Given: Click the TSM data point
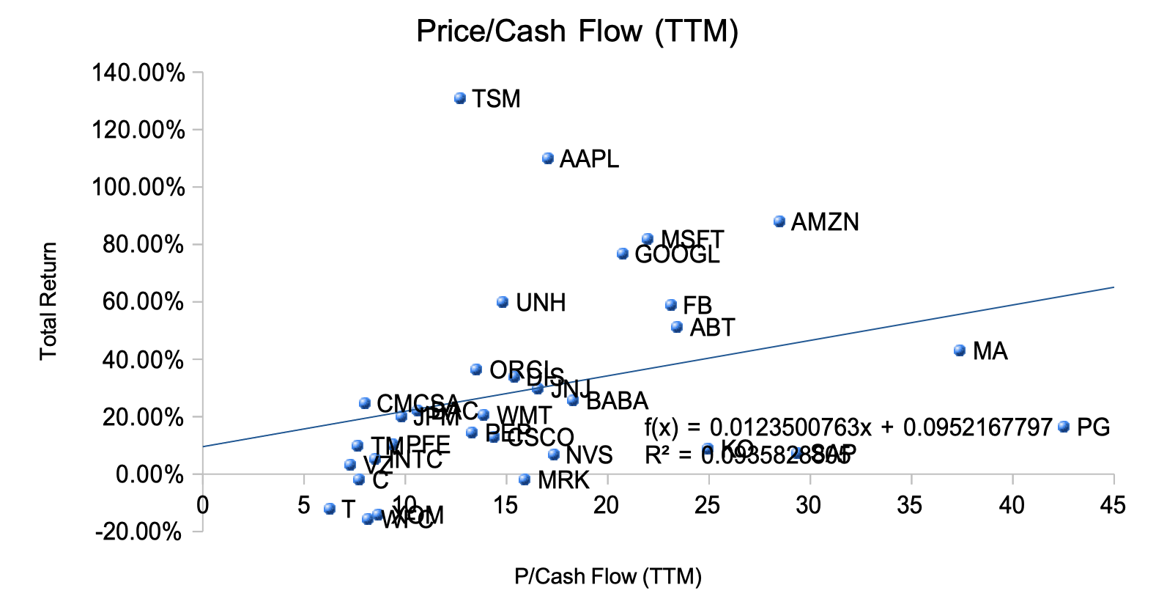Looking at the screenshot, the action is tap(460, 98).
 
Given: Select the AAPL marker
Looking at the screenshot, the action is tap(548, 158).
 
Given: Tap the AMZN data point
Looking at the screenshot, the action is tap(779, 221).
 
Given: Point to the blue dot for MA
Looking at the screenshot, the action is tap(960, 350).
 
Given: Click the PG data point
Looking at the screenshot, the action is tap(1064, 427).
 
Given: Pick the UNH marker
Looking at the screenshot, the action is tap(503, 302).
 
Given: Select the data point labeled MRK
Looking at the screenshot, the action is tap(525, 479).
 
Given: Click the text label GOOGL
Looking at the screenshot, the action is tap(677, 255).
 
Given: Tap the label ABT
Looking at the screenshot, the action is tap(712, 328).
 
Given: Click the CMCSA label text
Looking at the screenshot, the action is tap(418, 403).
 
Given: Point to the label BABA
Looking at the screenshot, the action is tap(617, 401).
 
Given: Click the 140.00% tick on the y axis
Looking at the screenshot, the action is tap(138, 73).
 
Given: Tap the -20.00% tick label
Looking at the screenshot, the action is tap(138, 531).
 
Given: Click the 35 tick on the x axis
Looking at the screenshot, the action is tap(911, 505).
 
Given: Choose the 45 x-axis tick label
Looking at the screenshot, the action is tap(1114, 505).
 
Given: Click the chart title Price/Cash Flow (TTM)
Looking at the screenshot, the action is tap(577, 32).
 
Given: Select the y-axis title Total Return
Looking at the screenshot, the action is tap(48, 301).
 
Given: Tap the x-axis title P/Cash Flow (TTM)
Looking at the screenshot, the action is tap(608, 577).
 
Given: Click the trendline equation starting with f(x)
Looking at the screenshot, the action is tap(848, 427).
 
